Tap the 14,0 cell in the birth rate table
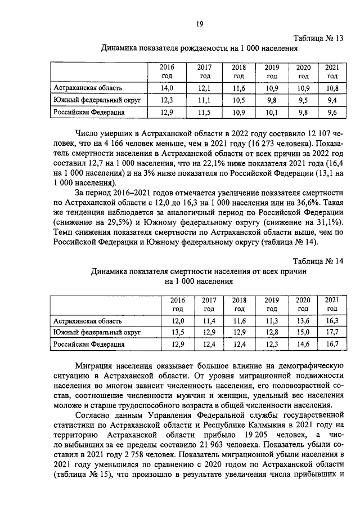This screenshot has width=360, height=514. point(167,88)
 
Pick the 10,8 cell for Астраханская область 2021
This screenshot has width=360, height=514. point(332,88)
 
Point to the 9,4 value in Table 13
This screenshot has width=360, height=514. point(332,100)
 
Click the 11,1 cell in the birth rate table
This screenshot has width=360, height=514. point(204,100)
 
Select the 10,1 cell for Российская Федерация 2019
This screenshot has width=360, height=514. point(272,112)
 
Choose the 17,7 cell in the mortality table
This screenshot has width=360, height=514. point(332,332)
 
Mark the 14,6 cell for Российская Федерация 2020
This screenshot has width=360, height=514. point(303,343)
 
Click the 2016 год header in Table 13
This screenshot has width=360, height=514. point(167,71)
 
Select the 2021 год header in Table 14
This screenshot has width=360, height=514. point(332,304)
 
